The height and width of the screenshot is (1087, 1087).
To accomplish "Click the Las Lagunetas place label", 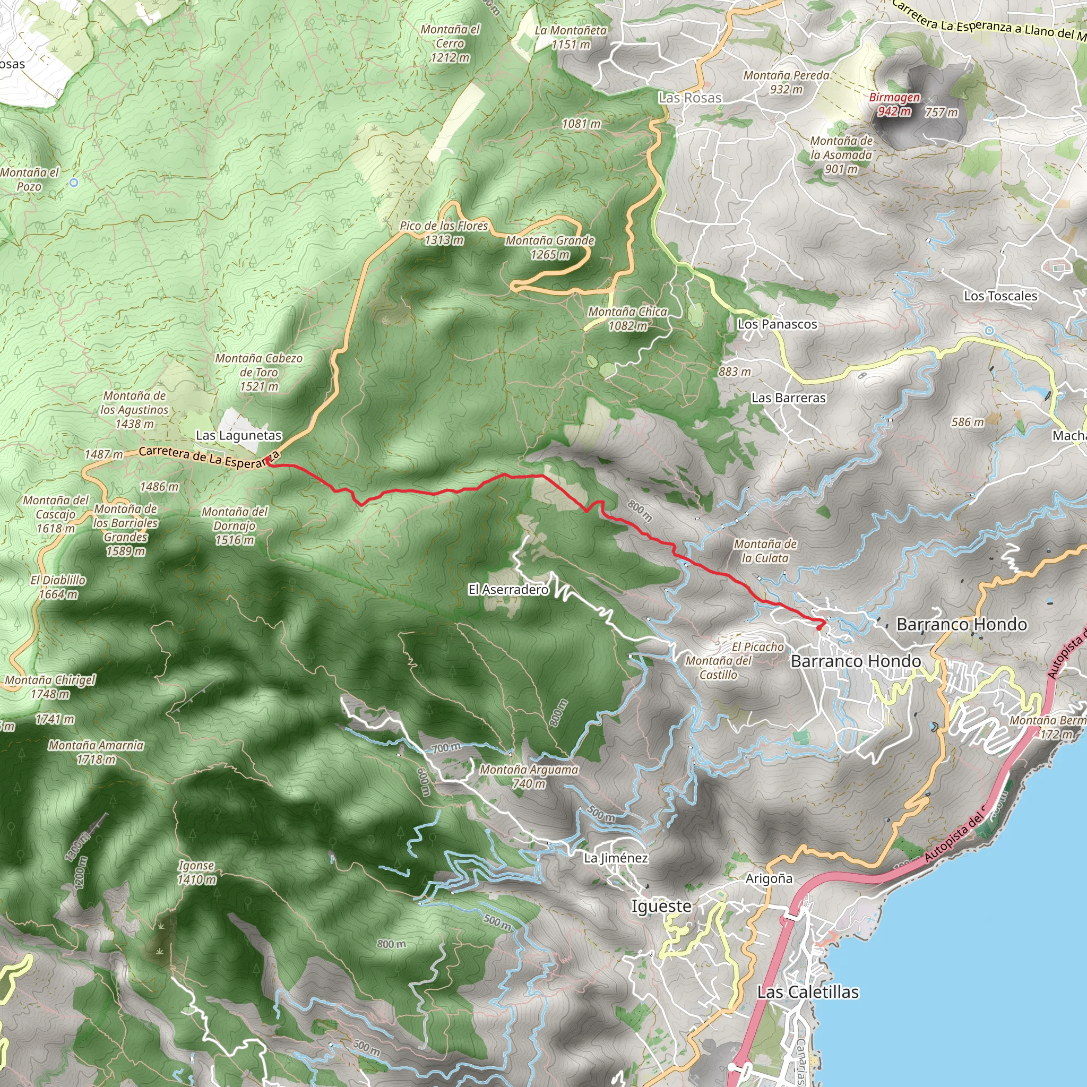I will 238,435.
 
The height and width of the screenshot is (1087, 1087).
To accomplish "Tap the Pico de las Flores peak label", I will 444,232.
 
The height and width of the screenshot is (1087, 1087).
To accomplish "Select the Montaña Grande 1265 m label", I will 550,247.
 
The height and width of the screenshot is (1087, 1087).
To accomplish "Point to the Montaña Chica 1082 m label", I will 627,318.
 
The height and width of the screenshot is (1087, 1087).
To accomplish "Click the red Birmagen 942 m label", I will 894,104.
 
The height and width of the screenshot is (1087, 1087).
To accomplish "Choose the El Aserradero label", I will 508,590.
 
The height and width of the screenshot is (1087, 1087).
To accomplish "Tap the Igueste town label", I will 661,907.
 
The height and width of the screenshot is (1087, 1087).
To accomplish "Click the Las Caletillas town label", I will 808,992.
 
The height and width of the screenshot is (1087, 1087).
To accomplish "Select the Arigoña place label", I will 769,879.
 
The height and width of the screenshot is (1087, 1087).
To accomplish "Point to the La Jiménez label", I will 616,858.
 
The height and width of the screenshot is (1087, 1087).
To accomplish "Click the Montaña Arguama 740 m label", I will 529,777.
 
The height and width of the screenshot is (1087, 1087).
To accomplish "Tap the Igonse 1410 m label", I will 196,873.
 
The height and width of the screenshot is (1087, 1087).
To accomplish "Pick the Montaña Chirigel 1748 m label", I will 50,687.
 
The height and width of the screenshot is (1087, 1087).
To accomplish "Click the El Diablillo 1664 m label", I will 58,587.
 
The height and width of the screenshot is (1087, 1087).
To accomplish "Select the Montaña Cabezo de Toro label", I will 259,372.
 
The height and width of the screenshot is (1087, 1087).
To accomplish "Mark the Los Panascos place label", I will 777,324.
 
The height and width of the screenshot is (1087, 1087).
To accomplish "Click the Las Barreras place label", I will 788,398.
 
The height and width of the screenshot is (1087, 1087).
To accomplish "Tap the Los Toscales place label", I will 1000,296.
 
